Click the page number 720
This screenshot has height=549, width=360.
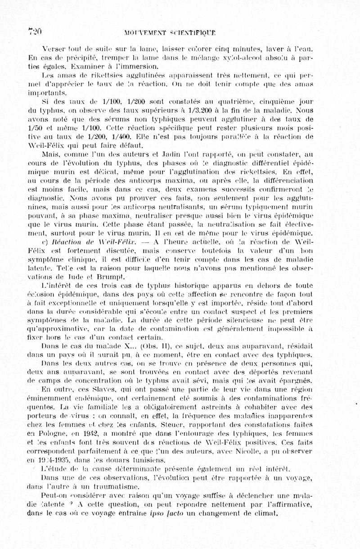click(x=35, y=31)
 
